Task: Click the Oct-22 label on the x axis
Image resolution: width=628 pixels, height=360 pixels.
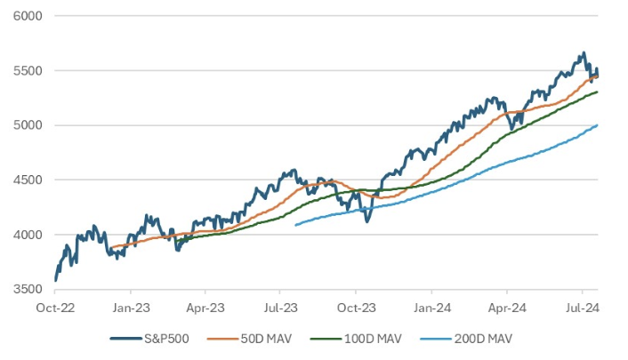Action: [x=55, y=306]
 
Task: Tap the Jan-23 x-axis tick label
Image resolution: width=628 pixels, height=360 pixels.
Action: [x=130, y=306]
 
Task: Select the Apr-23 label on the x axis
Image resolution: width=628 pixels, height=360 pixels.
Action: [x=205, y=306]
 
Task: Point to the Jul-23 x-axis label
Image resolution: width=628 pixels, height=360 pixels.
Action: [x=280, y=306]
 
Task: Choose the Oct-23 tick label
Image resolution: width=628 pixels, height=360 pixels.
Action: [x=356, y=306]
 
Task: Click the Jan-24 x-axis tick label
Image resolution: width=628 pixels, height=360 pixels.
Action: [x=431, y=306]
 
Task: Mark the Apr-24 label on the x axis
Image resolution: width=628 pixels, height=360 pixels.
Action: [x=507, y=306]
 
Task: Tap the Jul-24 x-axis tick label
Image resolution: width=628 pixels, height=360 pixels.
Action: [x=582, y=306]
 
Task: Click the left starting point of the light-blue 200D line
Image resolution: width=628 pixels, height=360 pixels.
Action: [x=295, y=225]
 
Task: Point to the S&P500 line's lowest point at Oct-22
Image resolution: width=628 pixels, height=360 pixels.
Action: [x=55, y=280]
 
